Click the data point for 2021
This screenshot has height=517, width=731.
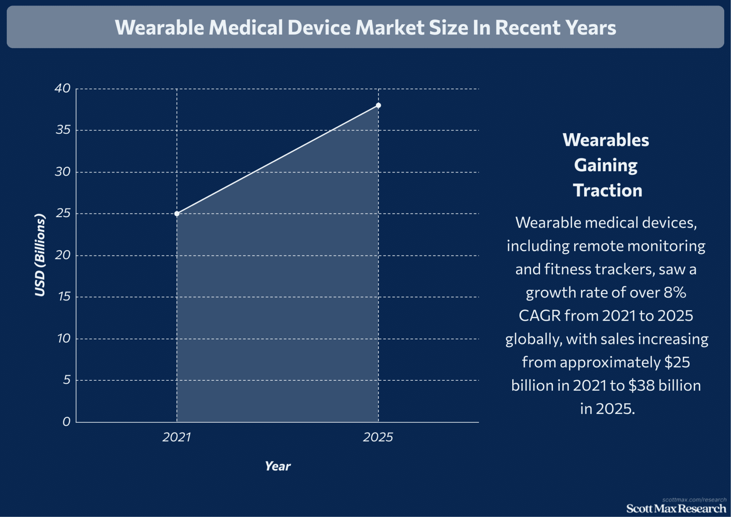pyautogui.click(x=177, y=214)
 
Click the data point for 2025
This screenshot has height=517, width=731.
pyautogui.click(x=378, y=105)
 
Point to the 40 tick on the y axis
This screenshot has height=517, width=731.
pyautogui.click(x=62, y=88)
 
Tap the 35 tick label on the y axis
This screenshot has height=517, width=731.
pyautogui.click(x=63, y=130)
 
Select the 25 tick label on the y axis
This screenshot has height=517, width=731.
pyautogui.click(x=63, y=213)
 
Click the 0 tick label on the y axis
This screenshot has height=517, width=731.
pyautogui.click(x=66, y=422)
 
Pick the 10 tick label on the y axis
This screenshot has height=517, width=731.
pyautogui.click(x=64, y=338)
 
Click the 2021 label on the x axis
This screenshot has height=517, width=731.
pyautogui.click(x=177, y=437)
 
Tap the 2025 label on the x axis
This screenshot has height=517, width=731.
pyautogui.click(x=378, y=437)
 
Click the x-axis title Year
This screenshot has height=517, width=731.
pyautogui.click(x=278, y=466)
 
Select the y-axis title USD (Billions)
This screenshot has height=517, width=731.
pyautogui.click(x=40, y=255)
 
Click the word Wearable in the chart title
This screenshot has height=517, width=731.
pyautogui.click(x=159, y=27)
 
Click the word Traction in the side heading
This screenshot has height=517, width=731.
pyautogui.click(x=608, y=190)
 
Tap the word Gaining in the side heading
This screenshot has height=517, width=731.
pyautogui.click(x=606, y=165)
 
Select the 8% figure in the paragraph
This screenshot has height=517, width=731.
pyautogui.click(x=675, y=293)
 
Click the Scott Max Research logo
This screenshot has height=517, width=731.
pyautogui.click(x=676, y=508)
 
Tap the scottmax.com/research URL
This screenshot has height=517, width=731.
pyautogui.click(x=694, y=500)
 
